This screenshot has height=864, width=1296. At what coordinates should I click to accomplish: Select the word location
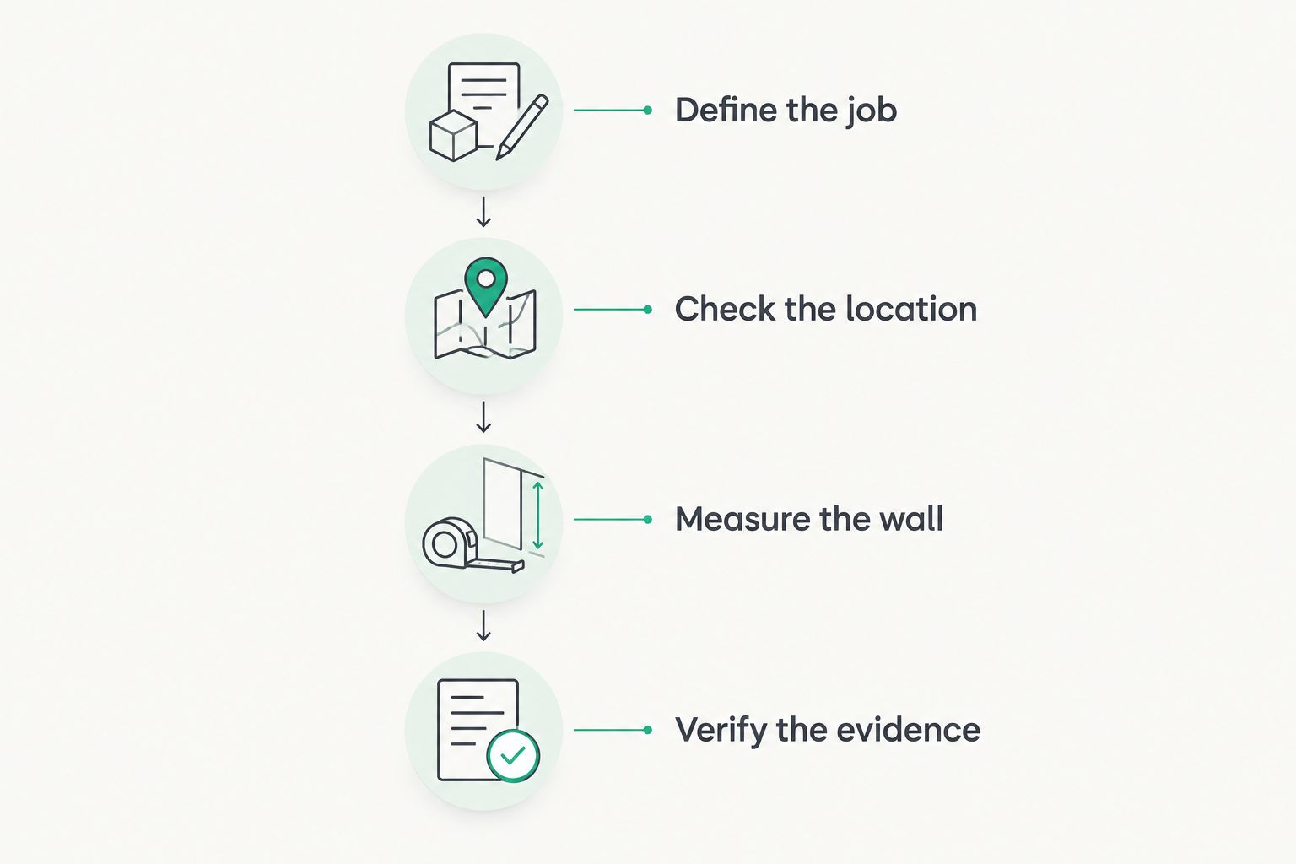(x=912, y=309)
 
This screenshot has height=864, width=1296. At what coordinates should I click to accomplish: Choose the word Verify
(x=721, y=731)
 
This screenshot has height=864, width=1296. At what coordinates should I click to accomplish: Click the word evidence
(x=909, y=729)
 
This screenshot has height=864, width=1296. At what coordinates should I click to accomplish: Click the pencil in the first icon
(x=522, y=127)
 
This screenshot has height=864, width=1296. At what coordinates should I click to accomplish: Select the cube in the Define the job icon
(x=454, y=136)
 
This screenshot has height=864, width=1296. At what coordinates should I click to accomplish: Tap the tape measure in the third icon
(x=467, y=546)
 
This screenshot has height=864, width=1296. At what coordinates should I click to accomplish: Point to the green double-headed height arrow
(x=538, y=516)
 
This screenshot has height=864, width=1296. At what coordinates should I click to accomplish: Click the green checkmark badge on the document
(x=513, y=756)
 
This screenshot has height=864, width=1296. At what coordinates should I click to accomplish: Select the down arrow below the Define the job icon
(x=483, y=212)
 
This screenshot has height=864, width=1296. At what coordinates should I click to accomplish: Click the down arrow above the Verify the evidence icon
(x=483, y=625)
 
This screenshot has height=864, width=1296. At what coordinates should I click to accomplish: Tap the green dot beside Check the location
(x=647, y=310)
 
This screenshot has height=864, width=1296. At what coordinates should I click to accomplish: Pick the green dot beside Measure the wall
(x=647, y=520)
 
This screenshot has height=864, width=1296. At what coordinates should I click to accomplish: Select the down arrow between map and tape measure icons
(x=483, y=418)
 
